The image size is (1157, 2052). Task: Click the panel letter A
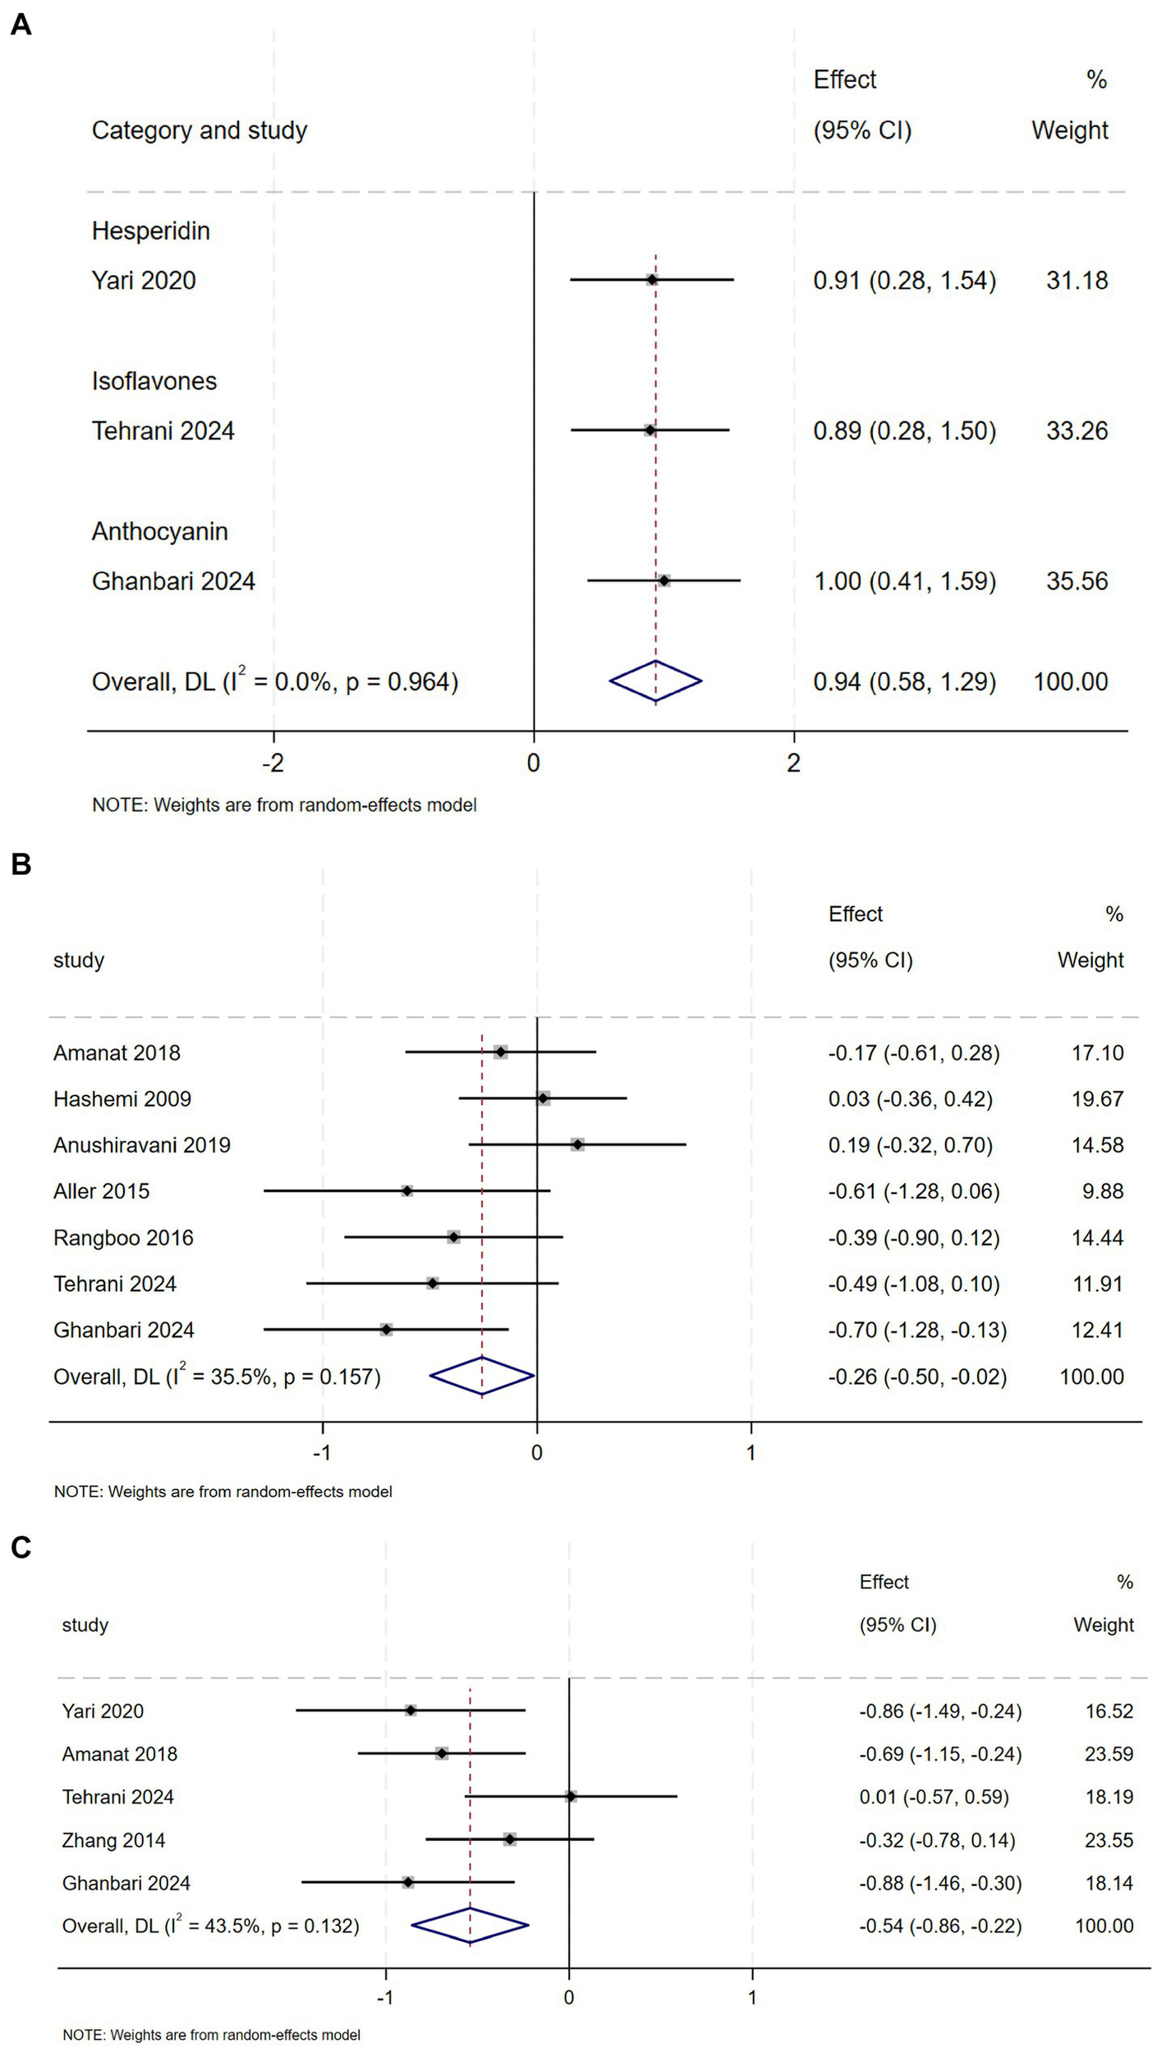[21, 25]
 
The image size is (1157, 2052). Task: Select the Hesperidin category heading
[150, 231]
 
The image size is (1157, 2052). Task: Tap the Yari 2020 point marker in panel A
[651, 280]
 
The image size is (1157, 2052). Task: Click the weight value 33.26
[1077, 430]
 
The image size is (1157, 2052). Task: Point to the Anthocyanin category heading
[159, 531]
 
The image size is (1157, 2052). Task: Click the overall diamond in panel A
[655, 680]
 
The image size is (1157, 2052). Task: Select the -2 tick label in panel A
[273, 763]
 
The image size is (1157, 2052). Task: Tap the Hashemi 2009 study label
[122, 1098]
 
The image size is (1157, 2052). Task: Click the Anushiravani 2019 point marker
[577, 1144]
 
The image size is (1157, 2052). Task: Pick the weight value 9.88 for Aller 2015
[1102, 1191]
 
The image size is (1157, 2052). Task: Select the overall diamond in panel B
[482, 1376]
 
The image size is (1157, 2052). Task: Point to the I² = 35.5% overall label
[217, 1376]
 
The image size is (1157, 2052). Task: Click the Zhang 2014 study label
[113, 1840]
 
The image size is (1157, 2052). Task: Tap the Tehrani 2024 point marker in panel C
[571, 1797]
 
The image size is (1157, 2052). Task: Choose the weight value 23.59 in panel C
[1109, 1753]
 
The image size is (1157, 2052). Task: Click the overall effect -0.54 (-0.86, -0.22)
[940, 1926]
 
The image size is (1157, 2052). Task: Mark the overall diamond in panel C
[470, 1925]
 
